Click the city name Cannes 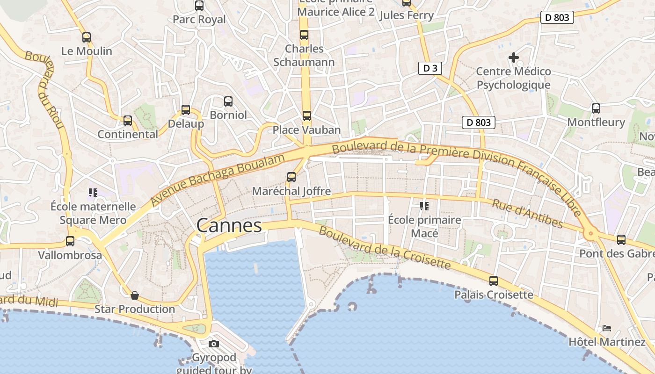pyautogui.click(x=229, y=226)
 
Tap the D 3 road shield pyautogui.click(x=429, y=68)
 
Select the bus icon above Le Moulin pyautogui.click(x=87, y=37)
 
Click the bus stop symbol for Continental pyautogui.click(x=128, y=121)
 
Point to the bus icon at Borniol pyautogui.click(x=228, y=101)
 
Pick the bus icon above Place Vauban pyautogui.click(x=306, y=115)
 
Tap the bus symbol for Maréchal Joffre pyautogui.click(x=291, y=177)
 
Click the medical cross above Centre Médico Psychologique pyautogui.click(x=514, y=58)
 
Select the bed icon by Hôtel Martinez pyautogui.click(x=607, y=328)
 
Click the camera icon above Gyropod pyautogui.click(x=214, y=344)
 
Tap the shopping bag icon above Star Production pyautogui.click(x=135, y=295)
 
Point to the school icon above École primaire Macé pyautogui.click(x=424, y=206)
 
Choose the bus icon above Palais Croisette pyautogui.click(x=494, y=281)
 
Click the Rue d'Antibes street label pyautogui.click(x=527, y=214)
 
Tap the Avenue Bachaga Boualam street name pyautogui.click(x=218, y=180)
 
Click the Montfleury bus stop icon pyautogui.click(x=596, y=108)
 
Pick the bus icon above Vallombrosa pyautogui.click(x=70, y=241)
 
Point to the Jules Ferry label pyautogui.click(x=407, y=15)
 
